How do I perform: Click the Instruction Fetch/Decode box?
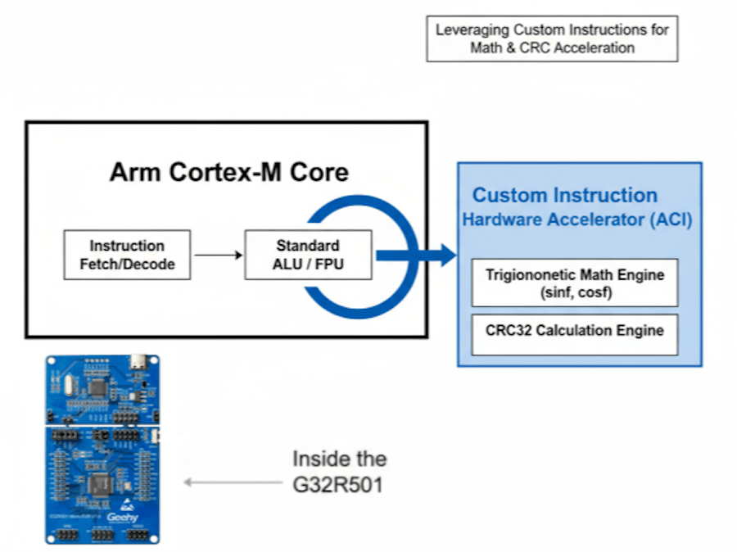[x=127, y=255]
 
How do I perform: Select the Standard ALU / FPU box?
[x=308, y=255]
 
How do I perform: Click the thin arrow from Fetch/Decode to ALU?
[x=218, y=255]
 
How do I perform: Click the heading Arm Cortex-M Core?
[x=228, y=173]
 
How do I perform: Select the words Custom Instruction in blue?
[x=565, y=195]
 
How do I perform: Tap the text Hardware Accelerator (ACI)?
[x=577, y=219]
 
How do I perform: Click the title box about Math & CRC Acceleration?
[x=552, y=38]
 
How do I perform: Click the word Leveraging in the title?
[x=467, y=30]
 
